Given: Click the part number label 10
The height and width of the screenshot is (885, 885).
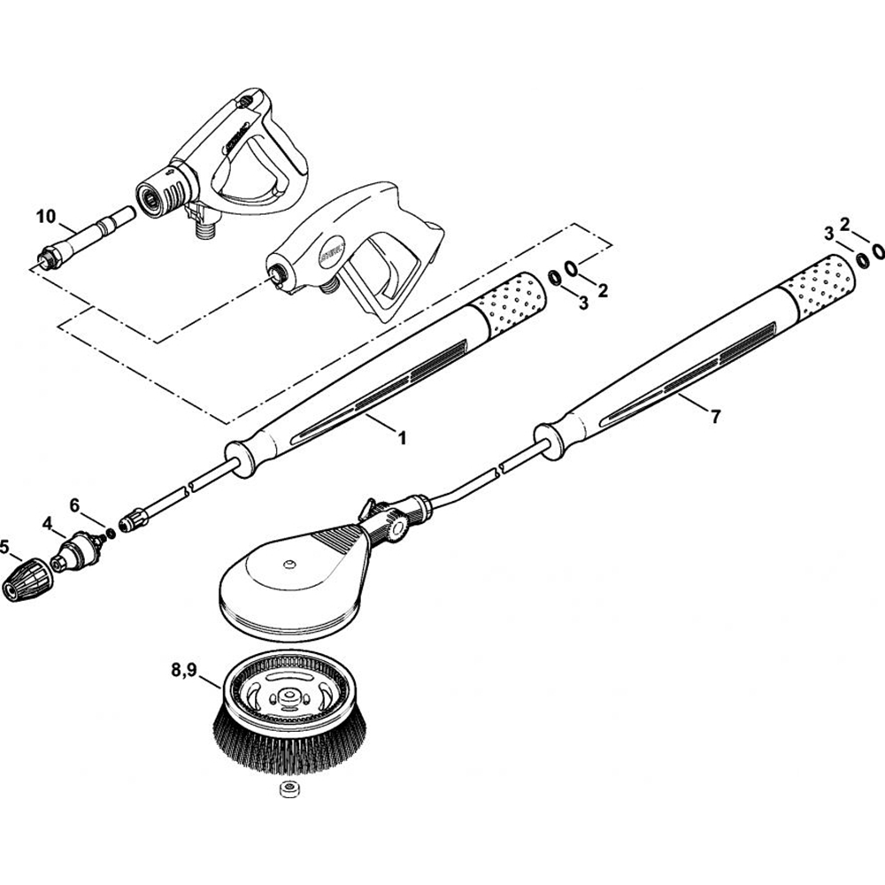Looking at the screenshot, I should tap(46, 216).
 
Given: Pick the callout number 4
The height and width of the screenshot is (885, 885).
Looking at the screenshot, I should tap(48, 524).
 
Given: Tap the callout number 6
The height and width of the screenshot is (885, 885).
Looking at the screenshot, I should tap(75, 504).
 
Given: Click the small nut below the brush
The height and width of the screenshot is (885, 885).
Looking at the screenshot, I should tap(288, 789).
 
